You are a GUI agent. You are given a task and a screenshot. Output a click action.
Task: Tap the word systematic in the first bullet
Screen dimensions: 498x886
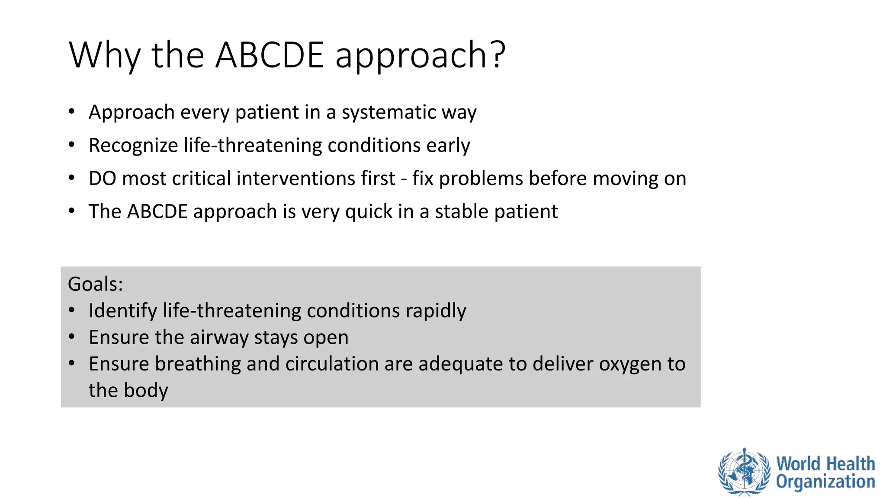point(388,112)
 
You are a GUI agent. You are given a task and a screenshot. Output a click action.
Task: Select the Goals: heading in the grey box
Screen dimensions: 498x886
point(96,284)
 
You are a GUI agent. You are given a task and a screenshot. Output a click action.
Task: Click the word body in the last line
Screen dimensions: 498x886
point(146,390)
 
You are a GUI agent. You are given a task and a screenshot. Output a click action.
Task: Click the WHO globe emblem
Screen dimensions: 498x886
point(744,472)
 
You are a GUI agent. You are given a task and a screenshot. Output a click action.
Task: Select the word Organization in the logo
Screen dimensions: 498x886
point(825,482)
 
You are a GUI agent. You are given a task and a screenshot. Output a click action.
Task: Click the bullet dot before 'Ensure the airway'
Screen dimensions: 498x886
point(72,337)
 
